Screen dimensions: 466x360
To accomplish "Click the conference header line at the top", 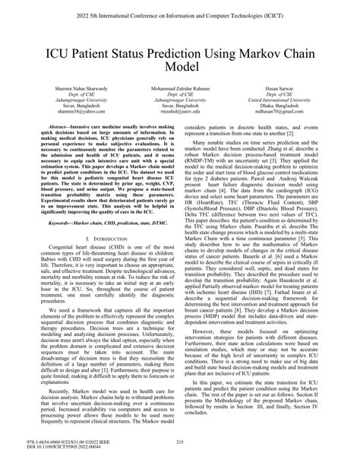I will [180, 14].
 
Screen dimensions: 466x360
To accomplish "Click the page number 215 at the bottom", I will [180, 442].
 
